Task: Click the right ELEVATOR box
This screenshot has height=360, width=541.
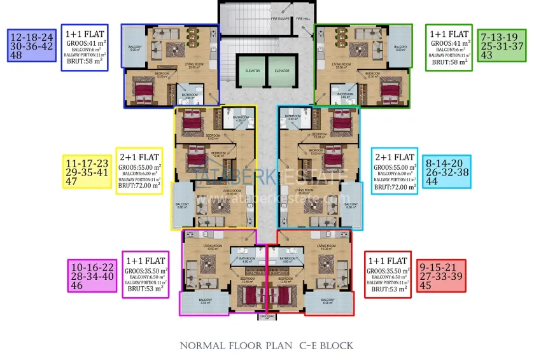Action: tap(282, 70)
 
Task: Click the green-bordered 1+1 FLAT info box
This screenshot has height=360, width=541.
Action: tap(450, 45)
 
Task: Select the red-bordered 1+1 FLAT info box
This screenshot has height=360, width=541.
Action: tap(388, 274)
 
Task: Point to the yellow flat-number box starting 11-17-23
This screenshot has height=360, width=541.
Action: tap(86, 172)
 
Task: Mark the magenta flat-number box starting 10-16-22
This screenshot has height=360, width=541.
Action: tap(92, 276)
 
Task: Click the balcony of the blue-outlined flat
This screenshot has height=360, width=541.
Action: tap(134, 48)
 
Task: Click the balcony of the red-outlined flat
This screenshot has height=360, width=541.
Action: tap(328, 303)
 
